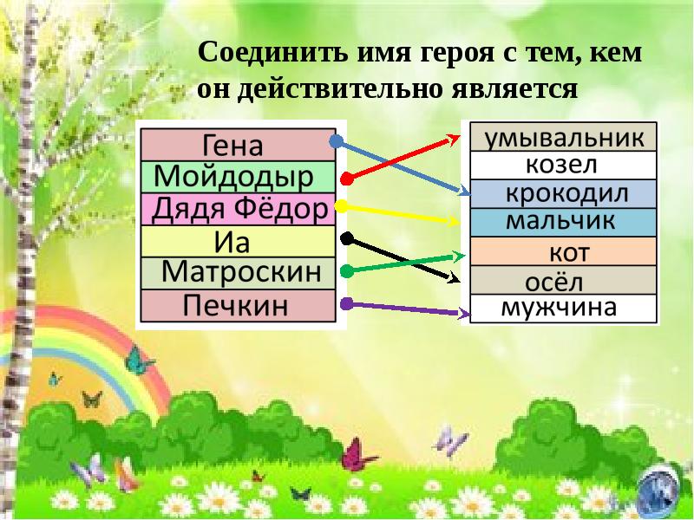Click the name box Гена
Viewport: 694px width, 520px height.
point(237,144)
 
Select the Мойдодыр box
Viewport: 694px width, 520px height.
point(237,177)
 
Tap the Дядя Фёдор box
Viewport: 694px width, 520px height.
point(237,209)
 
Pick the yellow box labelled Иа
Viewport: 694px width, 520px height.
point(237,241)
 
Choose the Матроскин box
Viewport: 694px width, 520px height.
point(237,273)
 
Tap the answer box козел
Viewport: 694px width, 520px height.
point(563,165)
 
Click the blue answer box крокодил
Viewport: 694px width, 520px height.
point(563,193)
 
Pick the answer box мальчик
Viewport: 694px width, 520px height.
point(563,222)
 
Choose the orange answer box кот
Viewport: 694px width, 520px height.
point(563,251)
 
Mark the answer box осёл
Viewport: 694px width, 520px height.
point(563,280)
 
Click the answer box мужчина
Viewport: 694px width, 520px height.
point(563,308)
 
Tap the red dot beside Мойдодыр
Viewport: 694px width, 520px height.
point(346,179)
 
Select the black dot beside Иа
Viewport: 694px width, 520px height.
point(346,237)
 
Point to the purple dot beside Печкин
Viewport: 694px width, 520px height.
point(346,303)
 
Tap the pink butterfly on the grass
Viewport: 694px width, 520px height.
point(358,454)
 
